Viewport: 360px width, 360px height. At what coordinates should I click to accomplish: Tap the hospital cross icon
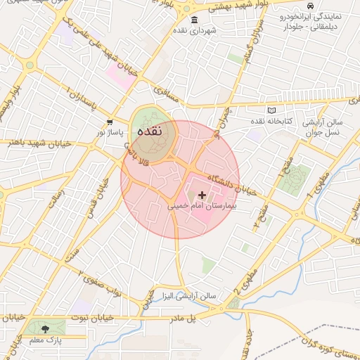click(x=202, y=195)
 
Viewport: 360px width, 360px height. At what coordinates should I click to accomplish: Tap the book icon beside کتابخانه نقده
click(x=271, y=111)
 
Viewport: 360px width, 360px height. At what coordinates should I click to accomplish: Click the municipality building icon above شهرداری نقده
click(x=194, y=20)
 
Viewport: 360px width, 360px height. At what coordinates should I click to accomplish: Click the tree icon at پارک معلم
click(x=46, y=328)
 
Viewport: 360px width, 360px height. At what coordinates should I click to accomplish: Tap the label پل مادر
click(x=181, y=318)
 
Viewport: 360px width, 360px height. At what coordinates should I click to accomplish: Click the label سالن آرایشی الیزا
click(x=188, y=296)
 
